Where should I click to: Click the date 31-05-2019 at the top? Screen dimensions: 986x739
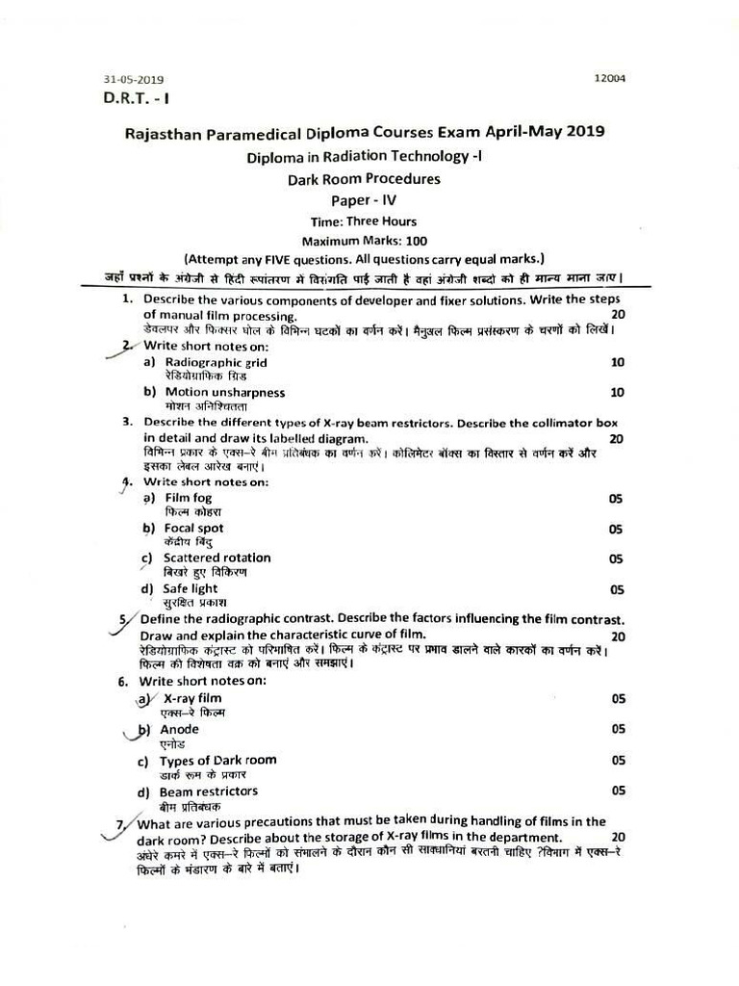(x=134, y=80)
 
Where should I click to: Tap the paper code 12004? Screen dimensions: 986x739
(x=610, y=79)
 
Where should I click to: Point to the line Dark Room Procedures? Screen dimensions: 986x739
(x=364, y=179)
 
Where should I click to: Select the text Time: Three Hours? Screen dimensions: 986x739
(x=364, y=221)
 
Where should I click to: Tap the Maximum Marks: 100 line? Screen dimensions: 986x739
(x=364, y=242)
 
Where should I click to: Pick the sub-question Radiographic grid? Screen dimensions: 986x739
(x=217, y=363)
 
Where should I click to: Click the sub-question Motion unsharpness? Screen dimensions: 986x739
(x=224, y=393)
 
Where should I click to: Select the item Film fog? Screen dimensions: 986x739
(x=189, y=498)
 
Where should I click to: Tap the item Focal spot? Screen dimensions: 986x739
(x=193, y=528)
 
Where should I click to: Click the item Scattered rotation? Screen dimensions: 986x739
(x=217, y=558)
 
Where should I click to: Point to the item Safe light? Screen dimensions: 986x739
(x=191, y=588)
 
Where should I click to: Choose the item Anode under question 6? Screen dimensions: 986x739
(x=179, y=730)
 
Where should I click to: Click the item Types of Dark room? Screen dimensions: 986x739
(x=217, y=760)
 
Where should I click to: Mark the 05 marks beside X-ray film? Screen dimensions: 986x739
(x=617, y=699)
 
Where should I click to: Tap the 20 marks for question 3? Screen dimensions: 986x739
(x=617, y=439)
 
